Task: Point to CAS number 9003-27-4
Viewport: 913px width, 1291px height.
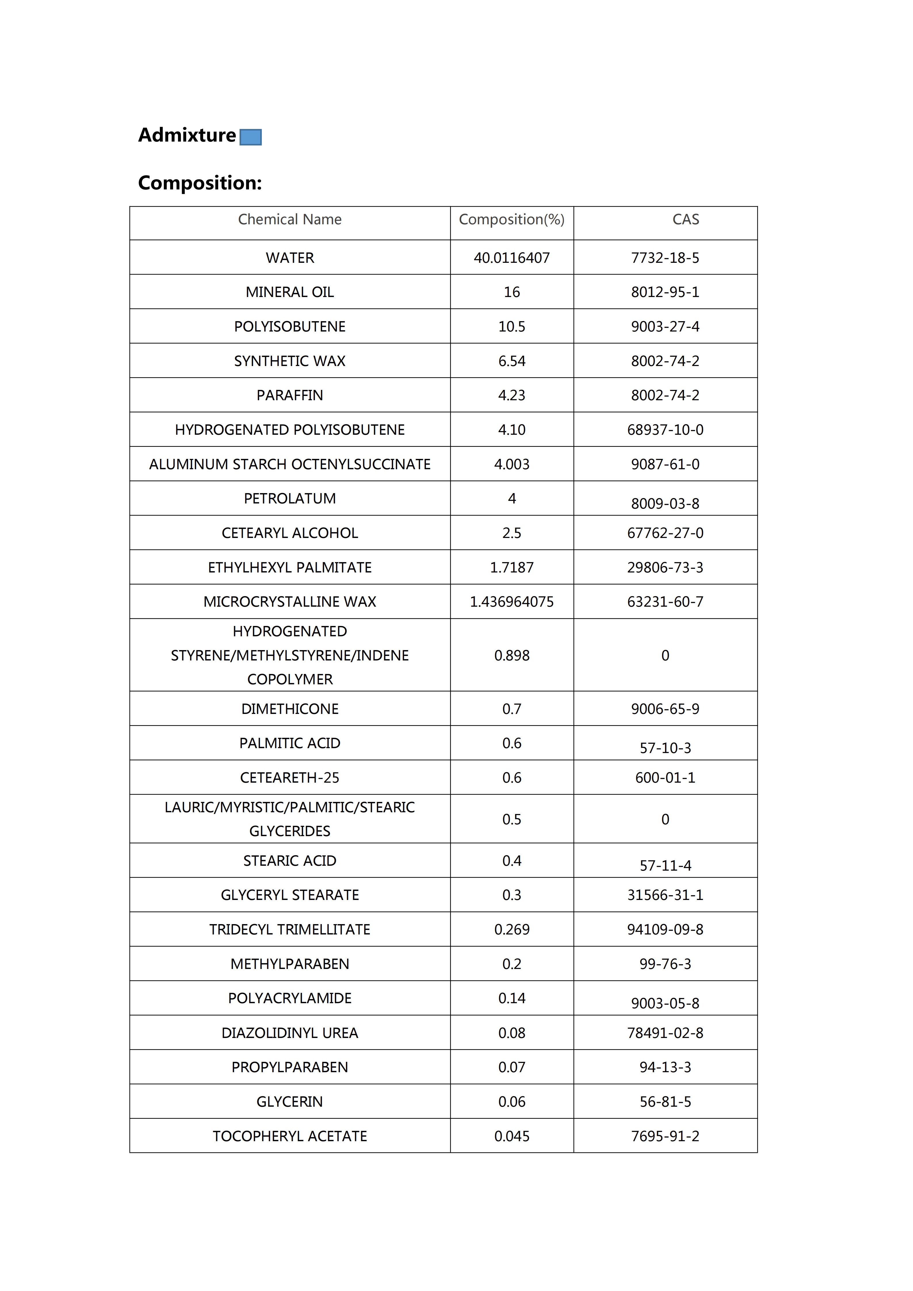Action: click(x=665, y=327)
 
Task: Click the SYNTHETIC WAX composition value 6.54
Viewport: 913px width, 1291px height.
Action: click(x=512, y=361)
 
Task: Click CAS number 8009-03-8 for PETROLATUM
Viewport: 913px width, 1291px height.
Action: click(x=665, y=503)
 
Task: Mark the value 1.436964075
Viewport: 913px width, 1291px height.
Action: click(x=512, y=602)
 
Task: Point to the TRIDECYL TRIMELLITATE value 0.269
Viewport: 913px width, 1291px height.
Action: click(x=512, y=930)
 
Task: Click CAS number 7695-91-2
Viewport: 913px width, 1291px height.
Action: click(x=665, y=1136)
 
